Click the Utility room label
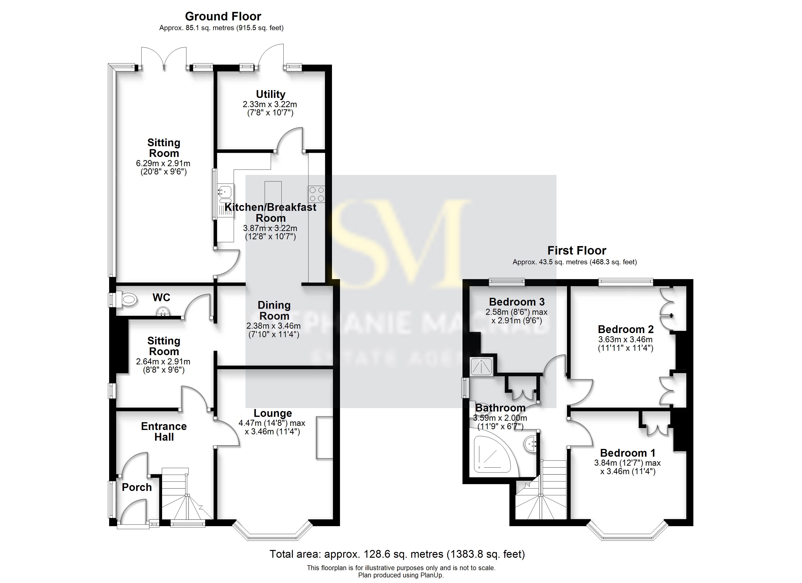270,94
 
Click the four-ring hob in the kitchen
316,194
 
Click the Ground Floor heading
223,17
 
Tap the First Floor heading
576,251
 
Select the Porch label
137,487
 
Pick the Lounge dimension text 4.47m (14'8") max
271,423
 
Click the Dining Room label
274,310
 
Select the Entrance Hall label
164,431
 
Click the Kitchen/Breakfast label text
270,207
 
